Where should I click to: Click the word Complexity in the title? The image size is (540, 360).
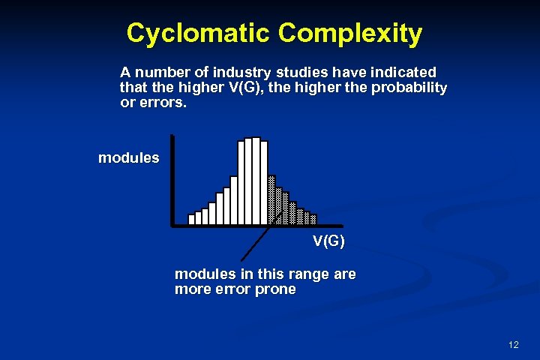coord(349,34)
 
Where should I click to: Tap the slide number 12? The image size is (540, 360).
coord(513,345)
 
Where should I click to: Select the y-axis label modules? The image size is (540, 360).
coord(128,158)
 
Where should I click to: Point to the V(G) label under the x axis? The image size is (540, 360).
coord(328,241)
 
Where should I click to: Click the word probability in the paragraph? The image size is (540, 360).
coord(409,88)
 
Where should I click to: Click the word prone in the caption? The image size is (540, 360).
coord(277,289)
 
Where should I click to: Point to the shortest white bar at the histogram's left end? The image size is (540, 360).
coord(191,219)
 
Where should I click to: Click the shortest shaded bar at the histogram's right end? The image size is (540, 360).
coord(313,219)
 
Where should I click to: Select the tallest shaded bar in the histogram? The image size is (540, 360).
coord(271,199)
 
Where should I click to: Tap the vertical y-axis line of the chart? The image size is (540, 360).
coord(172,180)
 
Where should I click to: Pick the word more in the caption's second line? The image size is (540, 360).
coord(192,289)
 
